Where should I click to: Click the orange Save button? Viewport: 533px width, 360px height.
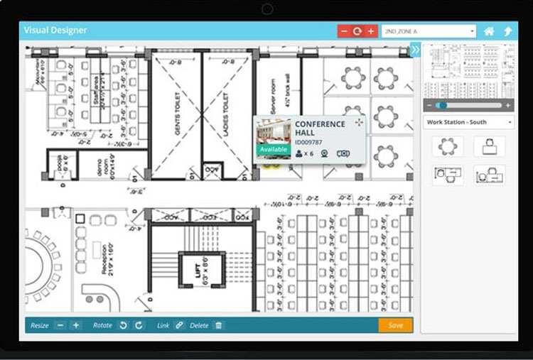(x=395, y=325)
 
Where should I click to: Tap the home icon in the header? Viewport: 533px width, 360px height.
(x=489, y=31)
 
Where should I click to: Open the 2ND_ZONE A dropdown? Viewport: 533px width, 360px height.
(x=428, y=31)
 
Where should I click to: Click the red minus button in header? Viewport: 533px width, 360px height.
(x=344, y=31)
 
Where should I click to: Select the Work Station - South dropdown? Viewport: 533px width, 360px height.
(x=468, y=122)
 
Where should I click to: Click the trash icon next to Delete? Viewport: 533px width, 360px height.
(x=219, y=325)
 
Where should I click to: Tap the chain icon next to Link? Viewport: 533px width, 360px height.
(x=179, y=325)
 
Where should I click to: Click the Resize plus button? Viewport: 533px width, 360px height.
(x=76, y=325)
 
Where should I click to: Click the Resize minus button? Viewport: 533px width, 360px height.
(x=60, y=325)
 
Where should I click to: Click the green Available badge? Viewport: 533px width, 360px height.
(x=273, y=150)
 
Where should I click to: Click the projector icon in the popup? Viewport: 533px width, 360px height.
(x=343, y=153)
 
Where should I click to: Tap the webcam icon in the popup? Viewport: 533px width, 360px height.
(x=325, y=153)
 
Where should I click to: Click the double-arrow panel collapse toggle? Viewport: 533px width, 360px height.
(x=415, y=50)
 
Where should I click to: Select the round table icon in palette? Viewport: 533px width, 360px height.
(x=448, y=146)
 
